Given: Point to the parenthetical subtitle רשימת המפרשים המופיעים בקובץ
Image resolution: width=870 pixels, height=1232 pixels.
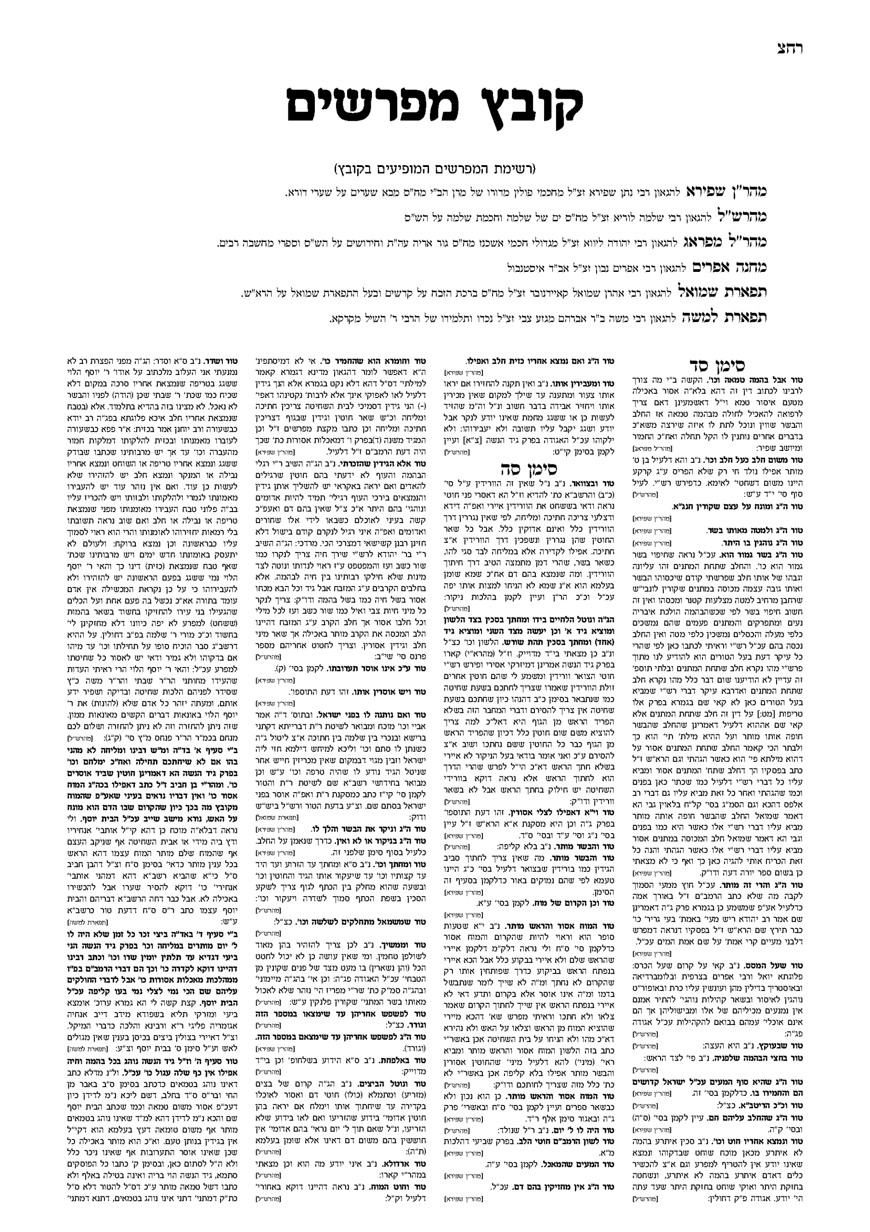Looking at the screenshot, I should point(435,169).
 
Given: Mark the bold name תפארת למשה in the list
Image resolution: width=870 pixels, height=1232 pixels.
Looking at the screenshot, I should point(724,318).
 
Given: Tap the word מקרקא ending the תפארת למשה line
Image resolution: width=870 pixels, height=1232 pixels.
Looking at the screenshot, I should point(343,319).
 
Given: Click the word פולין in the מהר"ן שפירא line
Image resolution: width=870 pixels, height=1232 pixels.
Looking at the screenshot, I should point(538,192).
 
